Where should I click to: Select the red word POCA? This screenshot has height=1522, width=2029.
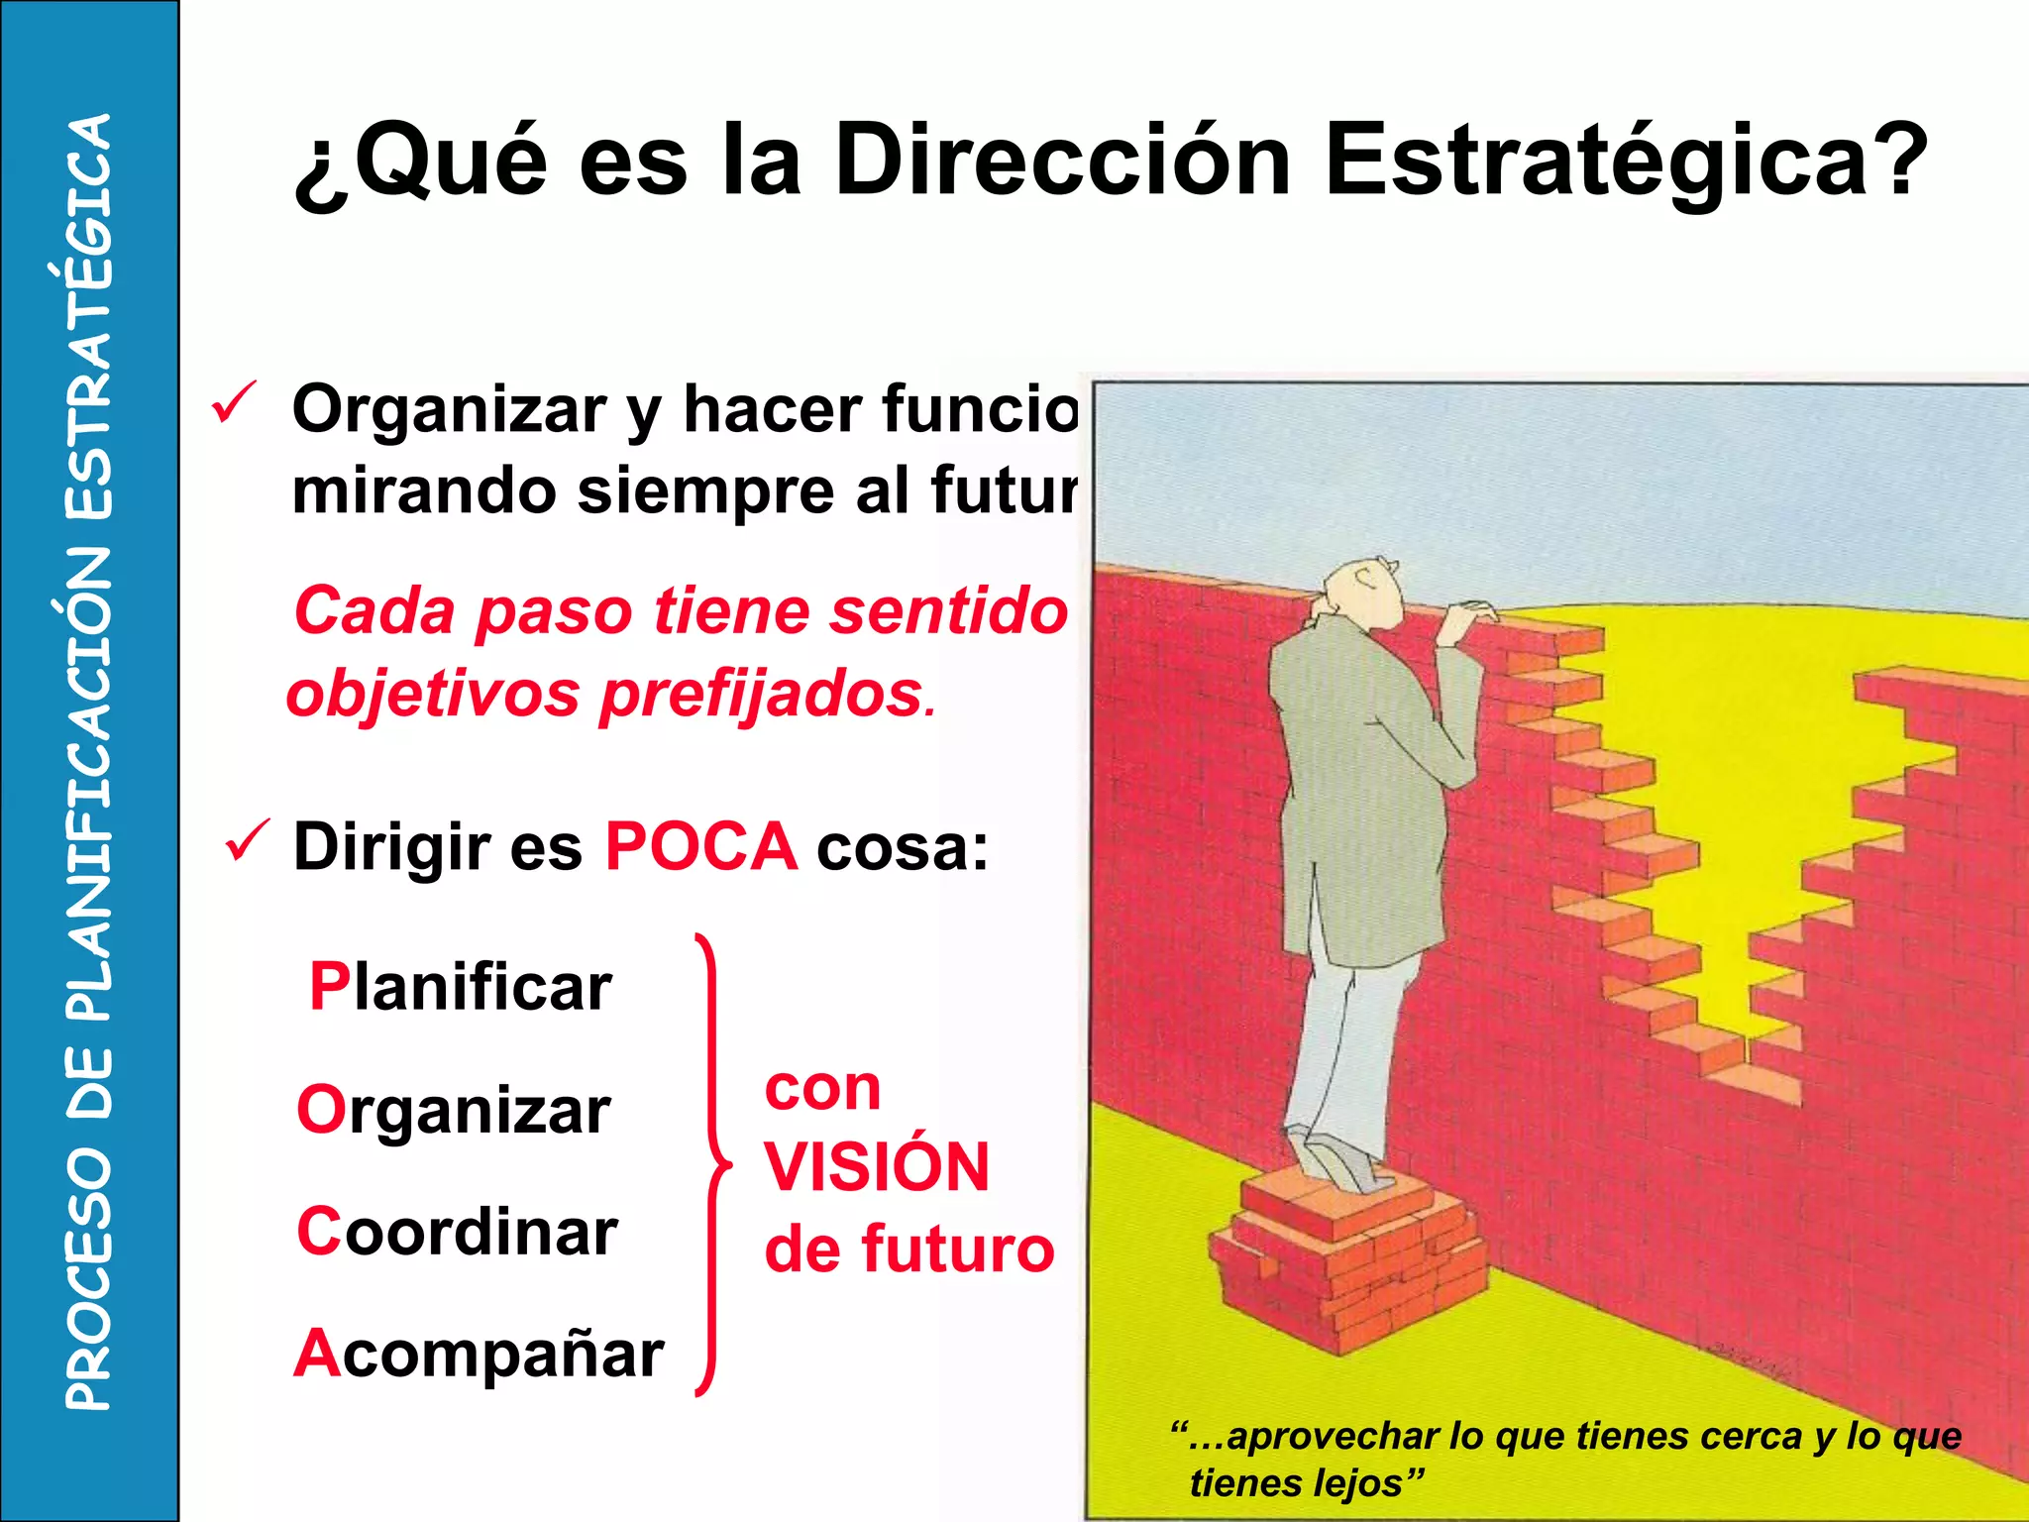pyautogui.click(x=700, y=847)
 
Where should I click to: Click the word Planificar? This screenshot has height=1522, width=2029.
pyautogui.click(x=461, y=987)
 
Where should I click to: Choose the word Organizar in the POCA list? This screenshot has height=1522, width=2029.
pyautogui.click(x=454, y=1110)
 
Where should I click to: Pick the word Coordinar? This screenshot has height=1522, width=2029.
pyautogui.click(x=457, y=1232)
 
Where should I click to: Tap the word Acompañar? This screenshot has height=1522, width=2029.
pyautogui.click(x=480, y=1355)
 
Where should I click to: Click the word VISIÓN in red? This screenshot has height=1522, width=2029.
pyautogui.click(x=877, y=1167)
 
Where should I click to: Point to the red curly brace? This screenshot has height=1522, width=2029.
pyautogui.click(x=711, y=1164)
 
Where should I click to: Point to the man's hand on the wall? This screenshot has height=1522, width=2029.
pyautogui.click(x=1471, y=619)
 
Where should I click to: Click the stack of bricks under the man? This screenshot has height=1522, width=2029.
pyautogui.click(x=1347, y=1258)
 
